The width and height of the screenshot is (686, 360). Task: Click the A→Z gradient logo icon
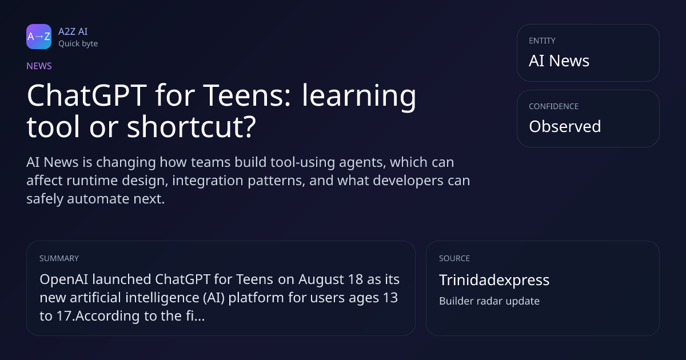tap(39, 37)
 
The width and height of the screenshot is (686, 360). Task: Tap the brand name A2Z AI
tap(73, 31)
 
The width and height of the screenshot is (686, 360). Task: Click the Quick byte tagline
tap(78, 44)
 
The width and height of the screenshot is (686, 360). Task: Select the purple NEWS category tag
tap(39, 66)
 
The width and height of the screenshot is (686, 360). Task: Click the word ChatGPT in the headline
tap(87, 95)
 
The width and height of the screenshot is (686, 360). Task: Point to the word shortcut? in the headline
tap(191, 127)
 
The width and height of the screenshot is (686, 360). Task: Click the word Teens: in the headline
tap(247, 95)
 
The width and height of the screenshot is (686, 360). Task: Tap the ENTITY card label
tap(542, 41)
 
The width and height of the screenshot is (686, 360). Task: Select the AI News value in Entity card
tap(559, 61)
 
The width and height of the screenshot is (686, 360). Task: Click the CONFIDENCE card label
tap(554, 106)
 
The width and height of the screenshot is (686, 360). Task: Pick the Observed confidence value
tap(565, 126)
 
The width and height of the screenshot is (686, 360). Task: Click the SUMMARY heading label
tap(59, 258)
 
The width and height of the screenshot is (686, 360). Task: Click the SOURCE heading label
tap(454, 258)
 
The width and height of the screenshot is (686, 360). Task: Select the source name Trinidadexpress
tap(494, 280)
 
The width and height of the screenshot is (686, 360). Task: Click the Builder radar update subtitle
tap(489, 301)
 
